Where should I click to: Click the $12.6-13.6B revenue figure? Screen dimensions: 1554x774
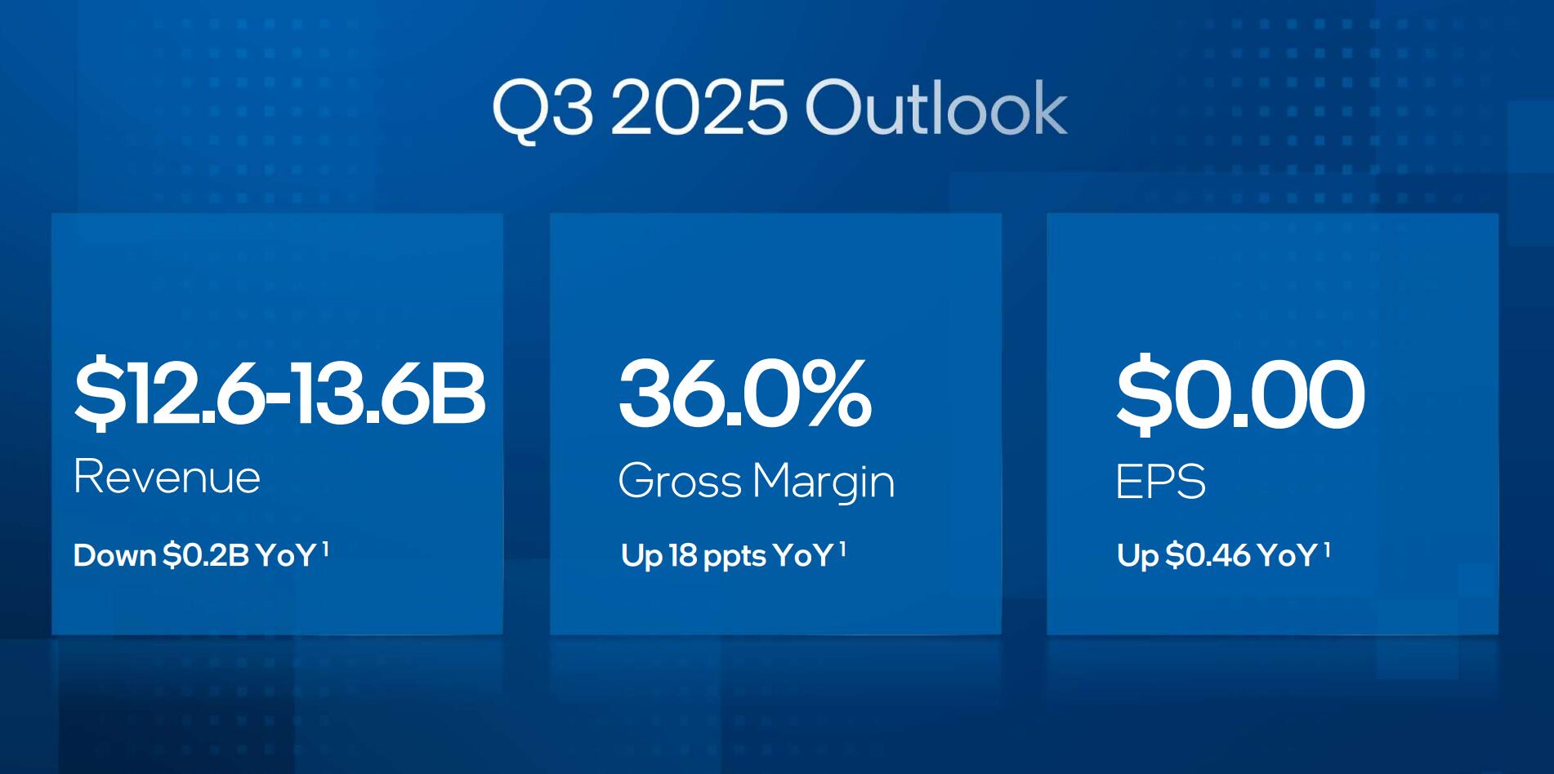click(279, 394)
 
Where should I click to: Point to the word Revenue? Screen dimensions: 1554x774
click(167, 477)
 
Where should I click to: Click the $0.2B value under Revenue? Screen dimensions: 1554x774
click(206, 556)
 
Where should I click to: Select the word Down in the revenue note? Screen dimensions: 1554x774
click(114, 556)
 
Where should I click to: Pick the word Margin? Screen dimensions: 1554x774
click(824, 482)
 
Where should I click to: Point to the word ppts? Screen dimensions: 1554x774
click(735, 558)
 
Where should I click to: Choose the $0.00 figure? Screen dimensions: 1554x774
click(1240, 394)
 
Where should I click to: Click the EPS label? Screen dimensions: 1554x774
click(1160, 482)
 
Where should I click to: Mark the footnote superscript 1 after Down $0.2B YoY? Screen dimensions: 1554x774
click(325, 549)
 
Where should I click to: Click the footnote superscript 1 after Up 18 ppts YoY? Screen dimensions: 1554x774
click(842, 549)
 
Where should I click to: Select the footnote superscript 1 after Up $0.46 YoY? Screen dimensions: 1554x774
click(1327, 549)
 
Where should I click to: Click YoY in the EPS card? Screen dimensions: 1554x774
click(1287, 556)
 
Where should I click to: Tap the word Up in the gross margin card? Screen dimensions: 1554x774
click(641, 558)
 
